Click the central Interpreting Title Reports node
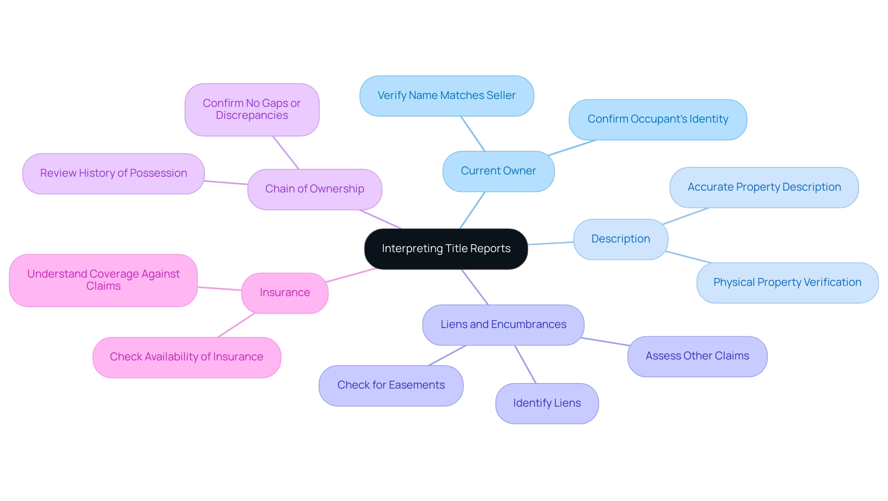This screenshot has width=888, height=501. pyautogui.click(x=446, y=249)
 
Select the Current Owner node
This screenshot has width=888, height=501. pyautogui.click(x=498, y=171)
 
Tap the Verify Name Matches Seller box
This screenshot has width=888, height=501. pyautogui.click(x=446, y=96)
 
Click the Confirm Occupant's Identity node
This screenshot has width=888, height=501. pyautogui.click(x=657, y=119)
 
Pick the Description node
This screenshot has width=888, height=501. pyautogui.click(x=620, y=239)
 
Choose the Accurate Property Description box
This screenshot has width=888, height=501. pyautogui.click(x=764, y=187)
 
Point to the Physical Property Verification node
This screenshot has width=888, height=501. pyautogui.click(x=787, y=283)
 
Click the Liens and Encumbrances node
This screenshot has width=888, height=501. pyautogui.click(x=503, y=325)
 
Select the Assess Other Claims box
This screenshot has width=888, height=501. pyautogui.click(x=697, y=356)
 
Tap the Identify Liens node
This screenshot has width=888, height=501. pyautogui.click(x=547, y=403)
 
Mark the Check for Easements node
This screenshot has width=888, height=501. pyautogui.click(x=391, y=385)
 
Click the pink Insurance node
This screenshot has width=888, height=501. pyautogui.click(x=284, y=293)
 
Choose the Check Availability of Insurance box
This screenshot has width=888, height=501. pyautogui.click(x=186, y=357)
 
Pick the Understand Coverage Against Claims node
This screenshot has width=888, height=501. pyautogui.click(x=103, y=280)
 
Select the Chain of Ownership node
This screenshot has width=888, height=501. pyautogui.click(x=314, y=189)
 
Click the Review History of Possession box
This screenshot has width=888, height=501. pyautogui.click(x=113, y=173)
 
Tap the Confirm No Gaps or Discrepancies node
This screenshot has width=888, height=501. pyautogui.click(x=252, y=110)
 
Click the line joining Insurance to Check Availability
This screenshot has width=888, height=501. pyautogui.click(x=236, y=325)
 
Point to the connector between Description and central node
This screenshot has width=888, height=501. pyautogui.click(x=550, y=243)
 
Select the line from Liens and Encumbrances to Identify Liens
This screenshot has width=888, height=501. pyautogui.click(x=525, y=365)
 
